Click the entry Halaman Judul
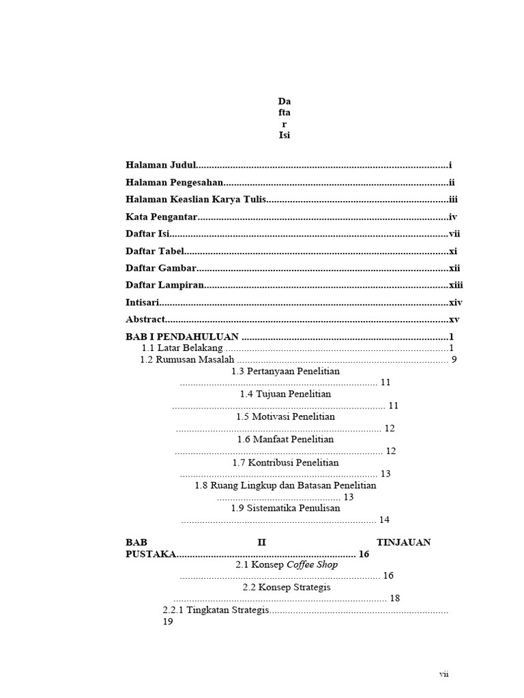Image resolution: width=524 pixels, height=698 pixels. (161, 165)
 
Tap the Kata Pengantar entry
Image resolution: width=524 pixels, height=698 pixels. (162, 217)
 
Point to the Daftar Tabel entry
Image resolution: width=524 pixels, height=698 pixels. (156, 251)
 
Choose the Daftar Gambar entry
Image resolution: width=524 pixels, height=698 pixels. (161, 268)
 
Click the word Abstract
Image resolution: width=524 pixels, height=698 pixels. (145, 319)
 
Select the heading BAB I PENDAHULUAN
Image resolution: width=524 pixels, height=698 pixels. (182, 337)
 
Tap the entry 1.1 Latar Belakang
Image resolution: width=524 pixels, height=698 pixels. (182, 348)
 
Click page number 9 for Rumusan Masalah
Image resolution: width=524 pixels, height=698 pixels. (454, 360)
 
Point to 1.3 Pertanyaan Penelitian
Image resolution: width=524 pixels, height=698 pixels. (285, 371)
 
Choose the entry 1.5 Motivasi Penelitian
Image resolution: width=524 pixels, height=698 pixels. (285, 416)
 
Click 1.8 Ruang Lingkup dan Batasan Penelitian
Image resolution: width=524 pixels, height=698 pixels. (285, 486)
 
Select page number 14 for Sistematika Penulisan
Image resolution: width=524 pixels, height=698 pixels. (384, 519)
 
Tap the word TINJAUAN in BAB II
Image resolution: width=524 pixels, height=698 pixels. (403, 543)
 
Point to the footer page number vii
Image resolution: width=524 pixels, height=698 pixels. (443, 674)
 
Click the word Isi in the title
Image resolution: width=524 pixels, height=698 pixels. (285, 135)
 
